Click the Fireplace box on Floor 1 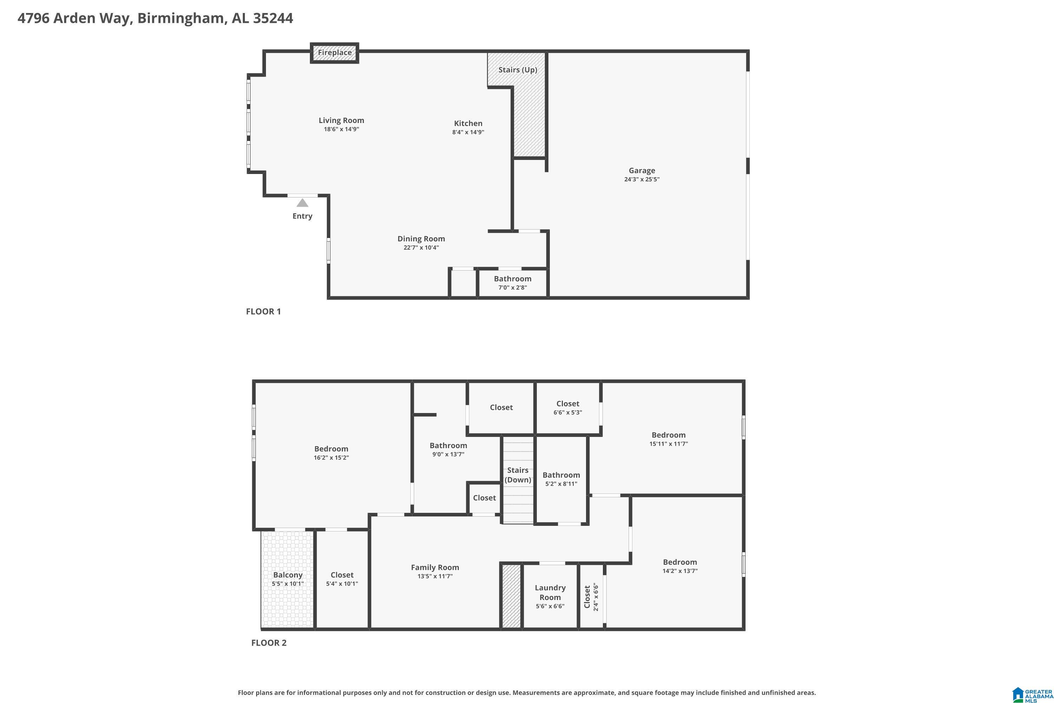(334, 53)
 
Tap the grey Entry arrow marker (302, 203)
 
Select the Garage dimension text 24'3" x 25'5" (642, 179)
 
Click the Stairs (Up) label (518, 70)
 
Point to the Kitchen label (468, 123)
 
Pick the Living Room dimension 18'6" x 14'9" (341, 129)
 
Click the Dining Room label (421, 239)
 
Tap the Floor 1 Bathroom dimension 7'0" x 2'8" (513, 288)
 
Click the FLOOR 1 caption (263, 311)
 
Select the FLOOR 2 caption (268, 643)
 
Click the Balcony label (288, 575)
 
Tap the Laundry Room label (550, 592)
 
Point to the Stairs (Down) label (518, 475)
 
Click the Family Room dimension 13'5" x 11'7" (435, 576)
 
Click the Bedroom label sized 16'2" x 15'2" (331, 449)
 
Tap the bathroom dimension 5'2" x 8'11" (561, 484)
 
